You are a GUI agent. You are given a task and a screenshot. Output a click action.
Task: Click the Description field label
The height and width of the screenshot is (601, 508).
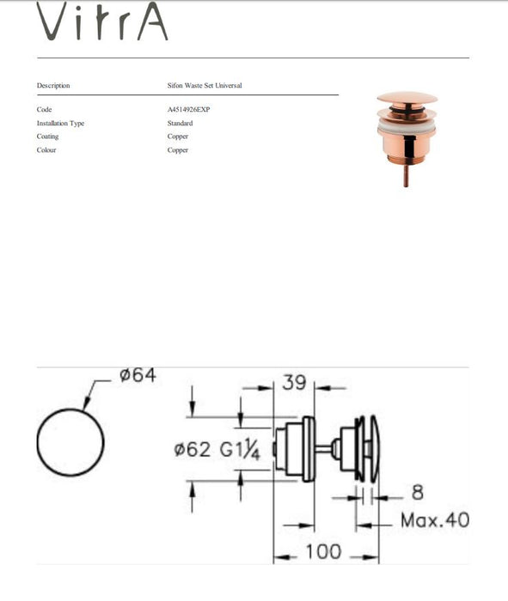(x=53, y=86)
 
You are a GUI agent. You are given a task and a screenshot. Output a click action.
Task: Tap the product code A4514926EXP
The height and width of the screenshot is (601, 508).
(x=188, y=110)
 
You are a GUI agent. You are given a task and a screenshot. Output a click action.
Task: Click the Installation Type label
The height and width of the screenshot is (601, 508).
(x=60, y=124)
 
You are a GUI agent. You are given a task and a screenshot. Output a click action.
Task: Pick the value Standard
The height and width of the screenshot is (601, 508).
(x=180, y=124)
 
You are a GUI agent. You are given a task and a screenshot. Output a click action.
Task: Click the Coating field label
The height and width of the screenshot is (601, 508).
(x=48, y=137)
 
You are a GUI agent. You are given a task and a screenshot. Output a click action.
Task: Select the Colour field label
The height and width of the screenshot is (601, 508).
(x=47, y=150)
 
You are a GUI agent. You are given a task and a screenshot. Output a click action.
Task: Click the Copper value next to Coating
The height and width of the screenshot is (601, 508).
(x=178, y=137)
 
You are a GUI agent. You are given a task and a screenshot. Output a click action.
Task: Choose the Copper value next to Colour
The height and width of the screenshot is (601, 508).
(x=178, y=150)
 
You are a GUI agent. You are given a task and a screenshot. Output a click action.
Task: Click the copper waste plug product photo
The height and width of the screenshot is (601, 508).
(x=407, y=137)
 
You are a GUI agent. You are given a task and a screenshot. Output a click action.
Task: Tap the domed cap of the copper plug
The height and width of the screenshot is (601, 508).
(x=407, y=99)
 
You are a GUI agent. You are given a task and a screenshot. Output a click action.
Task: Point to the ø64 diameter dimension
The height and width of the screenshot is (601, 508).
(x=138, y=376)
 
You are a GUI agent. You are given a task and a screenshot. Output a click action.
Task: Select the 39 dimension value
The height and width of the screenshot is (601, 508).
(x=294, y=383)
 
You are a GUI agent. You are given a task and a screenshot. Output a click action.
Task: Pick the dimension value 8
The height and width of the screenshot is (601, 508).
(x=417, y=493)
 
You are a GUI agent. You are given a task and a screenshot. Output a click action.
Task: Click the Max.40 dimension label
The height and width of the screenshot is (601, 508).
(x=434, y=520)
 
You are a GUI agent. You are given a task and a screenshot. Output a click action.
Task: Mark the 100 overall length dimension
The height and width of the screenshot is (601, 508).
(x=323, y=551)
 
